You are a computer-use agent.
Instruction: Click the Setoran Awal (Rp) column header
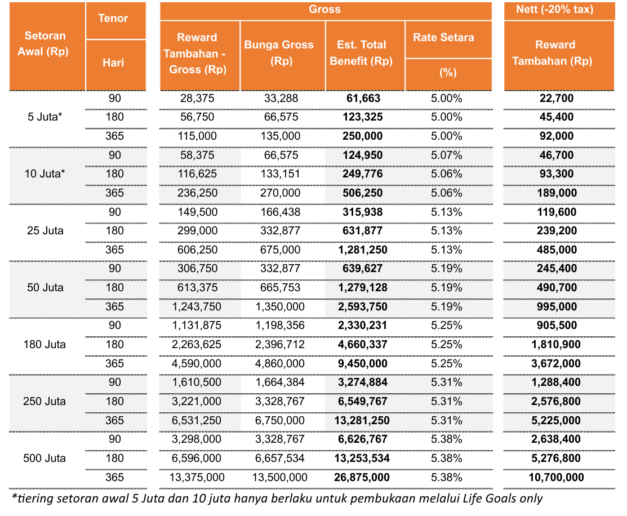45,43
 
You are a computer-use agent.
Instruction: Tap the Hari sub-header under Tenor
113,63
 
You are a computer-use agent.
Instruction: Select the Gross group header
324,10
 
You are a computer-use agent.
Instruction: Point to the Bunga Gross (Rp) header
279,53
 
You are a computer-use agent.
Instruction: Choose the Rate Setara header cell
443,38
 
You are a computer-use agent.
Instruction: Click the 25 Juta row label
45,231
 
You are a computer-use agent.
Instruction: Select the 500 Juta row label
45,459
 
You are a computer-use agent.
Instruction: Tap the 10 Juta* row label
45,174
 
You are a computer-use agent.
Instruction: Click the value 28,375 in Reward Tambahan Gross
197,99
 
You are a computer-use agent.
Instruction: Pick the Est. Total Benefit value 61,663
363,99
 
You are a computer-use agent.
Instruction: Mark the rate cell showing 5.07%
447,155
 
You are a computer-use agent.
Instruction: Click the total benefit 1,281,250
363,250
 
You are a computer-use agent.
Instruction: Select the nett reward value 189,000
557,193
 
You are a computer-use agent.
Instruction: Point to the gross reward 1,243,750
197,307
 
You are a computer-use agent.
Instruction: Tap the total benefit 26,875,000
362,478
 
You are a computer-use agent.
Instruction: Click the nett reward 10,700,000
556,478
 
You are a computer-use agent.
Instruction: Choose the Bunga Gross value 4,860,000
280,364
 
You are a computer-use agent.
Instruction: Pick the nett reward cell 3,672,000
556,364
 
